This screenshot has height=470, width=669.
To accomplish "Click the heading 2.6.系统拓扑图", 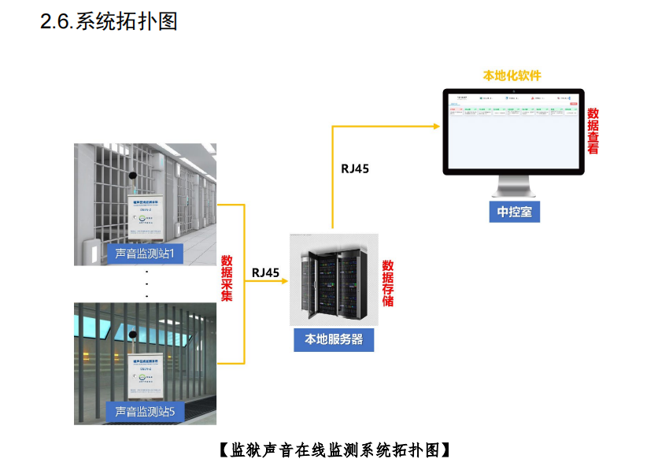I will click(x=109, y=21).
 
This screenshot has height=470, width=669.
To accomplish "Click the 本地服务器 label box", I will click(x=334, y=339).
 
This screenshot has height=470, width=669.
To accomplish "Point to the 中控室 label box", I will click(x=515, y=211).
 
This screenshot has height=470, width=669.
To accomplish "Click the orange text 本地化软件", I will click(x=512, y=76).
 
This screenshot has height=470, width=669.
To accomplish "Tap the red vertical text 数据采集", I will click(x=227, y=278).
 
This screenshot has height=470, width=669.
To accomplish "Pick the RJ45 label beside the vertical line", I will click(x=355, y=168).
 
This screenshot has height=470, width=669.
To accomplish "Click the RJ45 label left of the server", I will click(x=266, y=272).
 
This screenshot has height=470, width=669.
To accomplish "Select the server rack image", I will click(x=334, y=279).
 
